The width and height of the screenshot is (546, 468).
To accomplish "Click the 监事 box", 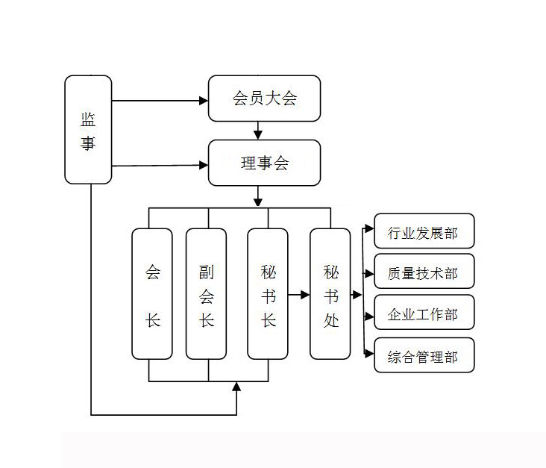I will click(x=88, y=129).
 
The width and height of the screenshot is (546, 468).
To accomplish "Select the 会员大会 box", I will click(x=264, y=98).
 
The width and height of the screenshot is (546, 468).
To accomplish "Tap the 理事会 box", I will click(x=264, y=163).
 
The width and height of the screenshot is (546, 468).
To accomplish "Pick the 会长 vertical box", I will click(x=152, y=294).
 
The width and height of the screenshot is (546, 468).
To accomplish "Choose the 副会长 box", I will click(x=206, y=294).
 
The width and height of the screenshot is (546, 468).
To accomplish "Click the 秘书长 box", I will click(x=268, y=294).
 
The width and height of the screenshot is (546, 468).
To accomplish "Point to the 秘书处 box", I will click(x=330, y=294).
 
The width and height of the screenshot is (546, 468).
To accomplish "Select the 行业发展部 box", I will click(x=423, y=231).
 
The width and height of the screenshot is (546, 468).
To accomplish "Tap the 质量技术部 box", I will click(x=423, y=273).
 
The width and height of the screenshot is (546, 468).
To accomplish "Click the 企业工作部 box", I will click(x=423, y=314).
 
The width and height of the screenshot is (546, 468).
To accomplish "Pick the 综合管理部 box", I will click(x=423, y=356).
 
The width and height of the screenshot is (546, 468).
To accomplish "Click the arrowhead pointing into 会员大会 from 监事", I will click(x=204, y=100).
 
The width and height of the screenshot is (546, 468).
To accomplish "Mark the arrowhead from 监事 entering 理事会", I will click(x=204, y=164).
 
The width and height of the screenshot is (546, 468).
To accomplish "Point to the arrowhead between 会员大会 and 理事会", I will click(x=258, y=135).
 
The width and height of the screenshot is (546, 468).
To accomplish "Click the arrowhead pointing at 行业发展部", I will click(x=368, y=228).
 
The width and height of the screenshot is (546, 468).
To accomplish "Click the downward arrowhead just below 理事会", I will click(x=258, y=200).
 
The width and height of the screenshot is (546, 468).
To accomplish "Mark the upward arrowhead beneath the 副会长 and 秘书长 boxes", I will click(x=237, y=386).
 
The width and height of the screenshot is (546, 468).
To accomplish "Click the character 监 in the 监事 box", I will click(x=88, y=119).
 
